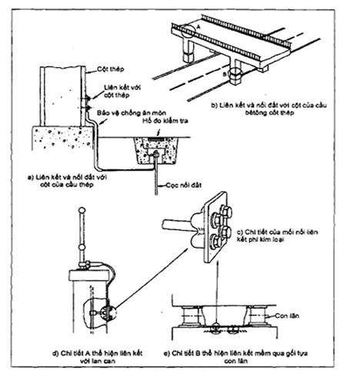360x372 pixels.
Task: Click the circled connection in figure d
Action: (x=101, y=311)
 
